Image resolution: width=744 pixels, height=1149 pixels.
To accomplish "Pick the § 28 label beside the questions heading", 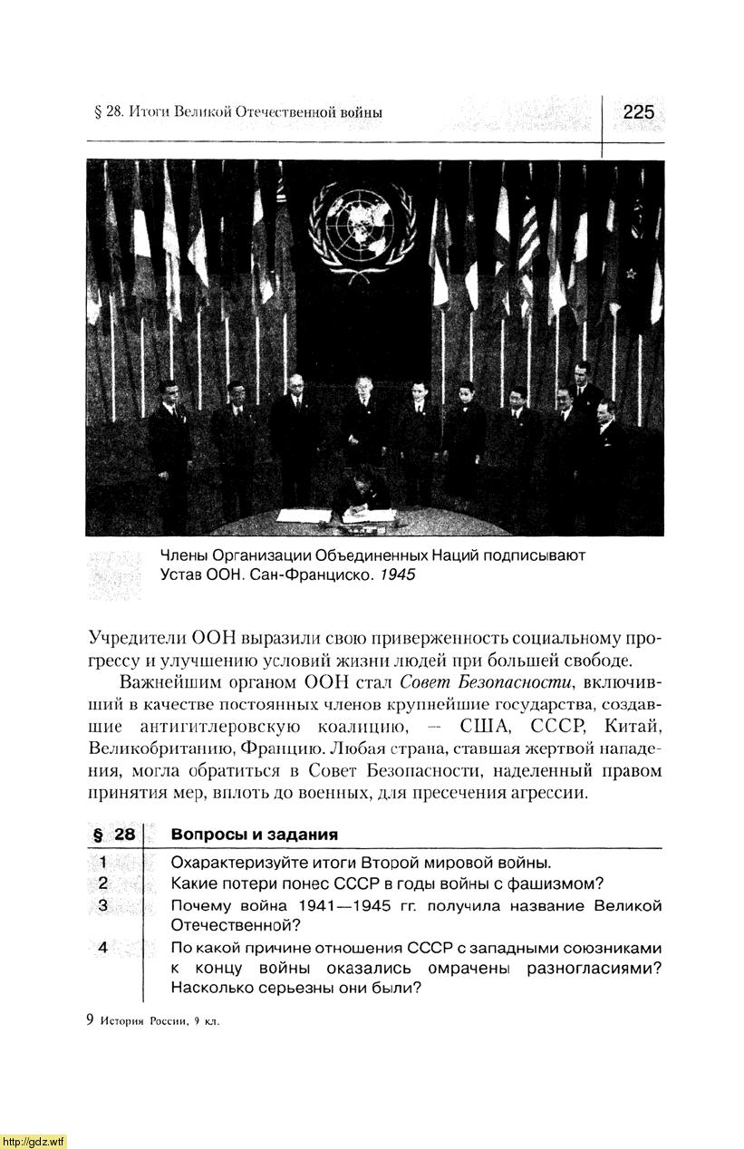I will (113, 834).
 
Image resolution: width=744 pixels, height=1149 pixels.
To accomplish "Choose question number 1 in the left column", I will (104, 862).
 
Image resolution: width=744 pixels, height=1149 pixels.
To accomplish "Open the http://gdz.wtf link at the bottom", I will (34, 1140).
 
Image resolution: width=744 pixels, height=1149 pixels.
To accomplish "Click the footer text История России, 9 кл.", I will (159, 1019).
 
